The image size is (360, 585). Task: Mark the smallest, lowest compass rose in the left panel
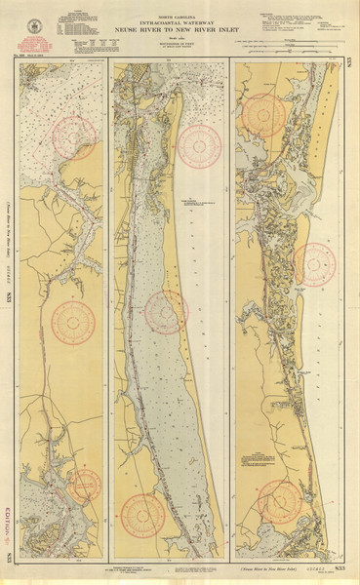pyautogui.click(x=86, y=485)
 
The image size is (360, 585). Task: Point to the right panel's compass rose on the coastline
pyautogui.click(x=313, y=263)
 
